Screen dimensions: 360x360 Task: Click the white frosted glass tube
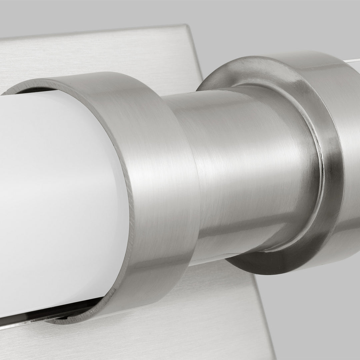point(60,200)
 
